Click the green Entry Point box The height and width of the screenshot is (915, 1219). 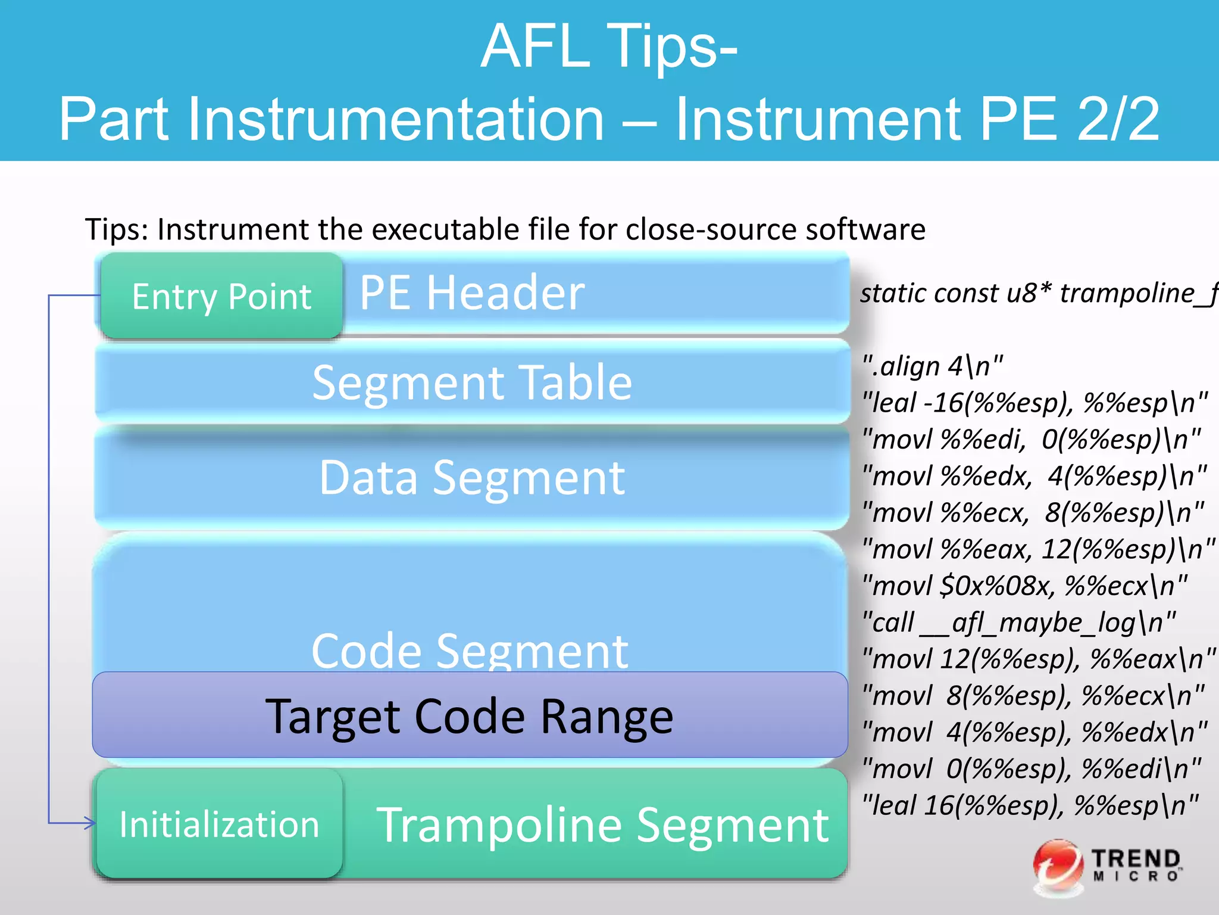tap(221, 296)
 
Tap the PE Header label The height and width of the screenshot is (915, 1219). tap(472, 292)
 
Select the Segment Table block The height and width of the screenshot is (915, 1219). tap(472, 382)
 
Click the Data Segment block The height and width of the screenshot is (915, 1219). tap(472, 478)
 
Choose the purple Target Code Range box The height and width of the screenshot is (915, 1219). tap(470, 715)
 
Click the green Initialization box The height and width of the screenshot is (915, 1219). tap(220, 824)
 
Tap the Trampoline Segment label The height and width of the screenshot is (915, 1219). tap(602, 825)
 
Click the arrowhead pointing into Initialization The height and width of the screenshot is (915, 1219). tap(89, 823)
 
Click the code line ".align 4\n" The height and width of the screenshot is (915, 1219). tap(933, 366)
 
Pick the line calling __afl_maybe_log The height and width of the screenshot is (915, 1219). tap(1018, 623)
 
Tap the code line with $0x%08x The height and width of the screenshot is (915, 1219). tap(1024, 586)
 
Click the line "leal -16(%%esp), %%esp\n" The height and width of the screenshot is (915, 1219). tap(1035, 403)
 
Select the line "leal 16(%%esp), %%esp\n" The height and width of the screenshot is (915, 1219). tap(1030, 805)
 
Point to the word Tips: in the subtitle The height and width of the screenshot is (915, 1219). tap(117, 230)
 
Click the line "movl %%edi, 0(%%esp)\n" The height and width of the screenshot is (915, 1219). tap(1032, 440)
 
